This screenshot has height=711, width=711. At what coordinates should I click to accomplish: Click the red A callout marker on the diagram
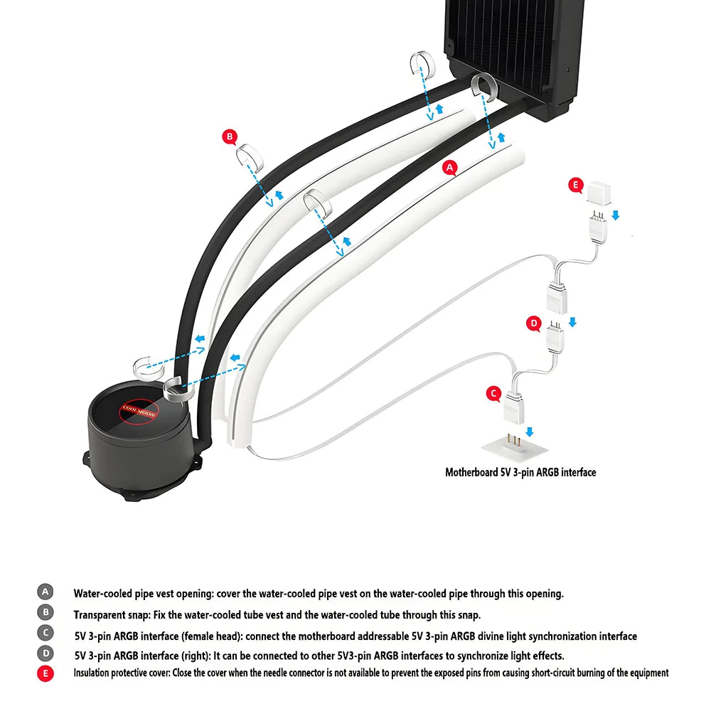[449, 167]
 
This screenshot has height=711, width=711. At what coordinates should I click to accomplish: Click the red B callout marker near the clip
[229, 136]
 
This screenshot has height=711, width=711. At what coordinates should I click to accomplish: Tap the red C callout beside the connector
[493, 392]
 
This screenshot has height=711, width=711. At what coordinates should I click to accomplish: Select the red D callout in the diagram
[534, 324]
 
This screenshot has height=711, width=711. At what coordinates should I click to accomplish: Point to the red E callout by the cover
[576, 185]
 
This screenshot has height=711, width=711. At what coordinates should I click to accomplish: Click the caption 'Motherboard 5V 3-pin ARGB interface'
[520, 472]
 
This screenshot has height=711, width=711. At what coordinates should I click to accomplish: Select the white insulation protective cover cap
[599, 188]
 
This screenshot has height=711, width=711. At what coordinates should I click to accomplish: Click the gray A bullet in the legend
[45, 592]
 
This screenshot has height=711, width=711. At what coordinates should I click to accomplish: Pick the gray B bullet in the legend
[45, 612]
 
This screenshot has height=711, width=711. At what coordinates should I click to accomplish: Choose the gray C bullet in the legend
[45, 633]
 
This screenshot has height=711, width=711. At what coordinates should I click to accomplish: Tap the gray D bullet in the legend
[45, 653]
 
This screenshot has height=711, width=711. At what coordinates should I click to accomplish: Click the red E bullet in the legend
[45, 673]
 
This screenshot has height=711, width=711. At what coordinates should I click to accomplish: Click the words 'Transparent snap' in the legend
[111, 614]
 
